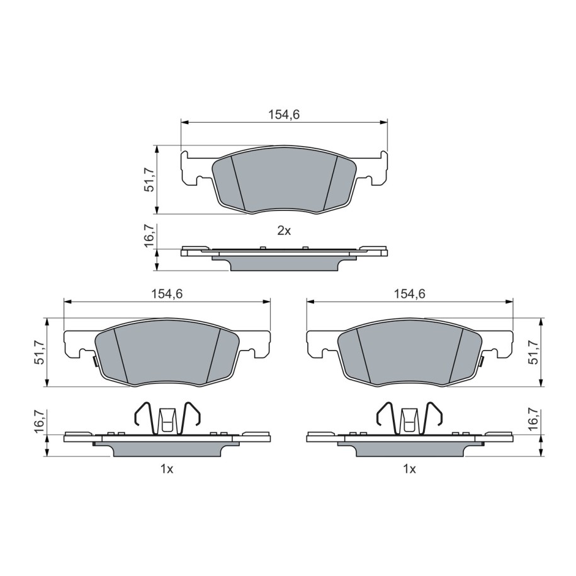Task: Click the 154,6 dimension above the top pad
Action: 284,115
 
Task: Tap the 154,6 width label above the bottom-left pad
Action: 167,294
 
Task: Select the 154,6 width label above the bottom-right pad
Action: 410,294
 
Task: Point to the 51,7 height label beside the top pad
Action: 149,180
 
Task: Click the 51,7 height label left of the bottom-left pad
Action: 40,353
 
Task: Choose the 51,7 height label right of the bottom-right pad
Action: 534,353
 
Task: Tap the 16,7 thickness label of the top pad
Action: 149,236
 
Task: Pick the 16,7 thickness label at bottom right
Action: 534,420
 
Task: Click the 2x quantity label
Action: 284,231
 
